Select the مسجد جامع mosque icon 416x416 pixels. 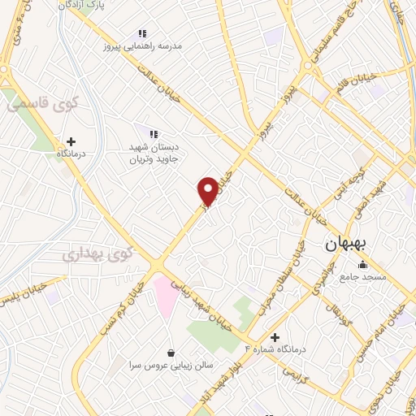point(362,266)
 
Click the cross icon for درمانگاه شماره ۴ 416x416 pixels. point(275,337)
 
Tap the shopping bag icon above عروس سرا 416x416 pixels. point(171,353)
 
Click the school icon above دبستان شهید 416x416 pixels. point(152,133)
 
